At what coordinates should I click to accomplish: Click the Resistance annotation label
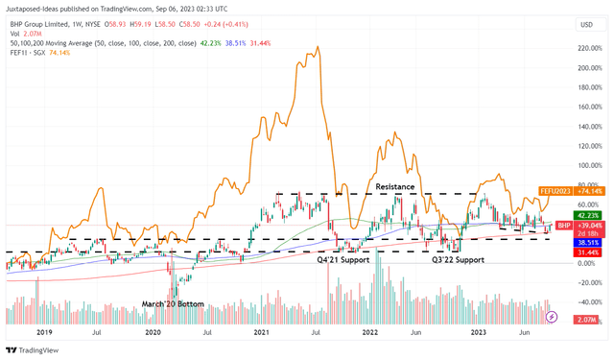coord(395,186)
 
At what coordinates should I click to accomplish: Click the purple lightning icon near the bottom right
coord(552,316)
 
